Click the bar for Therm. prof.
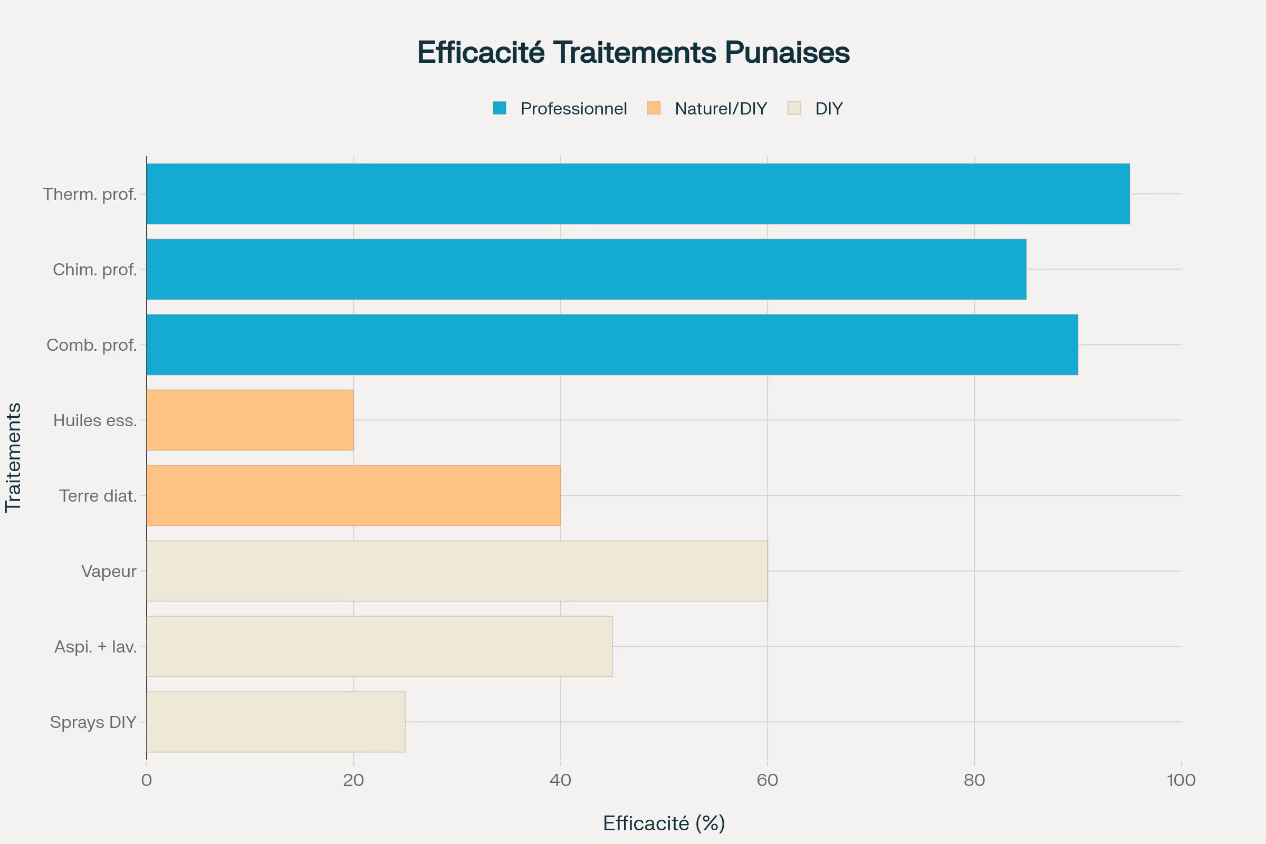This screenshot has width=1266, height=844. click(638, 194)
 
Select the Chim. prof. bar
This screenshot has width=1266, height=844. click(586, 269)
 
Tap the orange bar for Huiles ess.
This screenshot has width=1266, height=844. click(250, 420)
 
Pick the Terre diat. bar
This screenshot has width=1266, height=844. click(353, 495)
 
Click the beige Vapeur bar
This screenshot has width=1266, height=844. click(456, 571)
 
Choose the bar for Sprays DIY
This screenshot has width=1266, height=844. click(275, 721)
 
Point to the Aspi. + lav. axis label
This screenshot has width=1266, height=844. click(95, 647)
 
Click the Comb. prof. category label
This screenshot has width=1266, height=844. click(91, 345)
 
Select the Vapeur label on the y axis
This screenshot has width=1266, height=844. click(109, 571)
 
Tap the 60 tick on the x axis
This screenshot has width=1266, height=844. click(767, 780)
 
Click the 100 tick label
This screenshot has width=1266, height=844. click(1181, 780)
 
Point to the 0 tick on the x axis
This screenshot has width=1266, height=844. click(147, 780)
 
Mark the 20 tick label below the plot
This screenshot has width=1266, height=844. click(353, 780)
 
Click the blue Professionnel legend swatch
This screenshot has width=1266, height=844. click(500, 108)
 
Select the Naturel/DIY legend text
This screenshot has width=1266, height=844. click(720, 109)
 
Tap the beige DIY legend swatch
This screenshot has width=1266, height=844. click(794, 108)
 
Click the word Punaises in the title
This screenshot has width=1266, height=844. click(787, 52)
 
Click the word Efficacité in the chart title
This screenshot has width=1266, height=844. click(481, 52)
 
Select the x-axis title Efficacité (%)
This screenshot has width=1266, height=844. click(664, 823)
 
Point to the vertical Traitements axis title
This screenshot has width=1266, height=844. click(14, 457)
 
